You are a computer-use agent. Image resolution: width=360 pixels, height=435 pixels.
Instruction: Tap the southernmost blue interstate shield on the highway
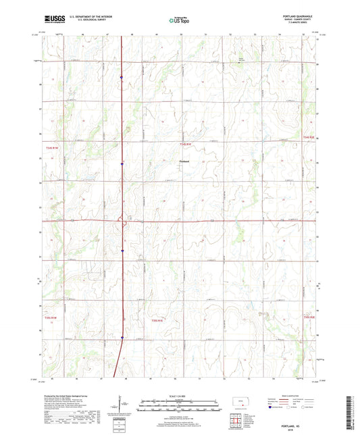tap(122, 338)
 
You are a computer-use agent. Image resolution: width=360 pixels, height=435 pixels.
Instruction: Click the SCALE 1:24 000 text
tap(179, 395)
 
